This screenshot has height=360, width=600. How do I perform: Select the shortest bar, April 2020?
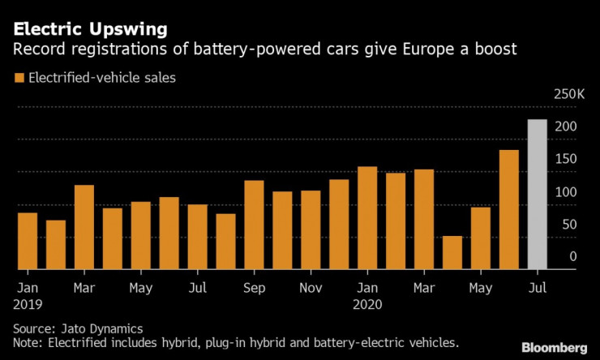click(x=452, y=252)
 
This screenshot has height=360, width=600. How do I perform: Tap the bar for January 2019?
click(x=28, y=241)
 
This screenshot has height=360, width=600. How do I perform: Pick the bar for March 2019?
click(x=84, y=227)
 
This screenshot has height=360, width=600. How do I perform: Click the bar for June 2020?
click(x=509, y=209)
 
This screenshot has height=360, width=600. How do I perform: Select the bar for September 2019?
click(x=254, y=225)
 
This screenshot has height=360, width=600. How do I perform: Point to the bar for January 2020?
click(x=367, y=217)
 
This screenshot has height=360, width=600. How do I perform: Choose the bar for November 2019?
click(x=311, y=229)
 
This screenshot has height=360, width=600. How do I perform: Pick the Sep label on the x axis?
click(x=254, y=287)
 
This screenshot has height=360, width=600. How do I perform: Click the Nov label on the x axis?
click(x=311, y=287)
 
